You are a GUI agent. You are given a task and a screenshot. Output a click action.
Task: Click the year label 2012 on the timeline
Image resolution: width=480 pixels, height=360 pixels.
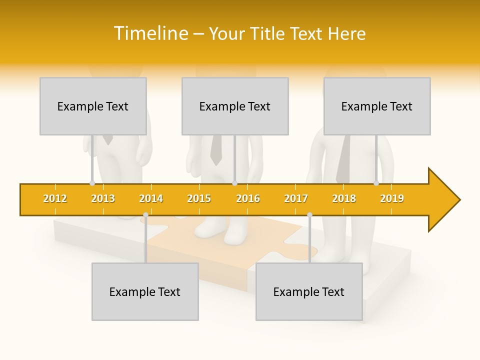tap(55, 198)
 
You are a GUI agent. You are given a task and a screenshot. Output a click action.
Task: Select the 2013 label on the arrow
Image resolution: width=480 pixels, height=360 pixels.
tap(103, 198)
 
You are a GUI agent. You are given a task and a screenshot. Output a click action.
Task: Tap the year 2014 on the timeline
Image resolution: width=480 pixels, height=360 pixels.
tap(151, 198)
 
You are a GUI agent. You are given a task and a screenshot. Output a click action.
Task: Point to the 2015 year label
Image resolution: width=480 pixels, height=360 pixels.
tap(199, 198)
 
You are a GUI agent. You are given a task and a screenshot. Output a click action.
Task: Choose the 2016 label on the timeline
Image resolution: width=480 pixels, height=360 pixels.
tap(248, 198)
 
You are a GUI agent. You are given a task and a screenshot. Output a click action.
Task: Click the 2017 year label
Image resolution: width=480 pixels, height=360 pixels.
tap(296, 198)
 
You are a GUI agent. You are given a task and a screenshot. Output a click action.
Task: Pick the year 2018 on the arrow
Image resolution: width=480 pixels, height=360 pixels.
tap(344, 198)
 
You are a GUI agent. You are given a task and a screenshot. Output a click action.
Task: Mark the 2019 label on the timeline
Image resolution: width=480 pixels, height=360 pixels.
tap(392, 198)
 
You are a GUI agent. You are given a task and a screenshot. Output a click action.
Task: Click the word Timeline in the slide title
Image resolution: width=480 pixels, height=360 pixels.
tap(150, 33)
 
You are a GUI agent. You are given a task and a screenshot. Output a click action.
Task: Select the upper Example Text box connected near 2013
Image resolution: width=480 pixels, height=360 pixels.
tap(93, 106)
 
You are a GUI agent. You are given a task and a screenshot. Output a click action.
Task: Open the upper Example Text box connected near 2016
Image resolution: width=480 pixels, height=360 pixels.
tap(235, 106)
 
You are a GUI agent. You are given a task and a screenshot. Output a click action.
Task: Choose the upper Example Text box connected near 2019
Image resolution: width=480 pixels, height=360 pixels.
tap(377, 106)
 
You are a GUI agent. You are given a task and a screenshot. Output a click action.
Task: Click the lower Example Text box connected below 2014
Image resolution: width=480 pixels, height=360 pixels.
tap(145, 291)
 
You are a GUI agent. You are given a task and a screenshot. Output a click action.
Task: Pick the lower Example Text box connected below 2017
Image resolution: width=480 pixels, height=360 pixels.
tap(309, 291)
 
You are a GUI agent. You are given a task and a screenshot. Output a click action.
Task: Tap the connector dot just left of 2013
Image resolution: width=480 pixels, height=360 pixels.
tap(92, 183)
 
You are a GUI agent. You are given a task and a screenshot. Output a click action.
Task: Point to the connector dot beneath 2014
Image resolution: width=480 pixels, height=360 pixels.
tap(145, 215)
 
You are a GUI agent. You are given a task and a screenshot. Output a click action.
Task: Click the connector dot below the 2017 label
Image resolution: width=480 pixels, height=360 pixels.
tap(309, 215)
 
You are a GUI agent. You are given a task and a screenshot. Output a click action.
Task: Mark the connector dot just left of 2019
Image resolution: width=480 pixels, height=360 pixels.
tap(376, 183)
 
